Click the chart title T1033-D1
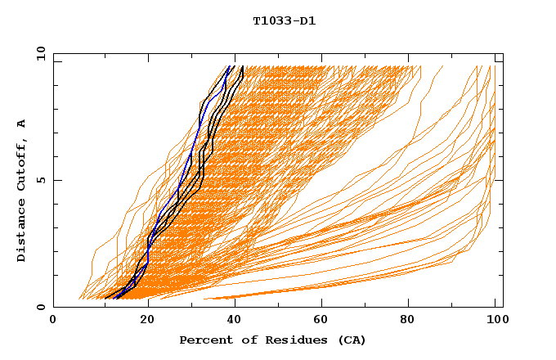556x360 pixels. click(x=284, y=20)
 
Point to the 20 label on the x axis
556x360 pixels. click(x=147, y=320)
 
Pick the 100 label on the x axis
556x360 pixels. click(x=495, y=320)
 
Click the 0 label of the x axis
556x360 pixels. click(x=53, y=320)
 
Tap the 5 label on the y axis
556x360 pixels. click(x=38, y=180)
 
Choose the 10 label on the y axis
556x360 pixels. click(x=38, y=53)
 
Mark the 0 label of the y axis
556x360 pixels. click(x=38, y=307)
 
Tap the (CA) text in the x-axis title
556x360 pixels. click(x=351, y=340)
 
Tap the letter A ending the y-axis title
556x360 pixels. click(x=22, y=124)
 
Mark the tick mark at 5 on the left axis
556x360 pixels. click(x=56, y=180)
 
